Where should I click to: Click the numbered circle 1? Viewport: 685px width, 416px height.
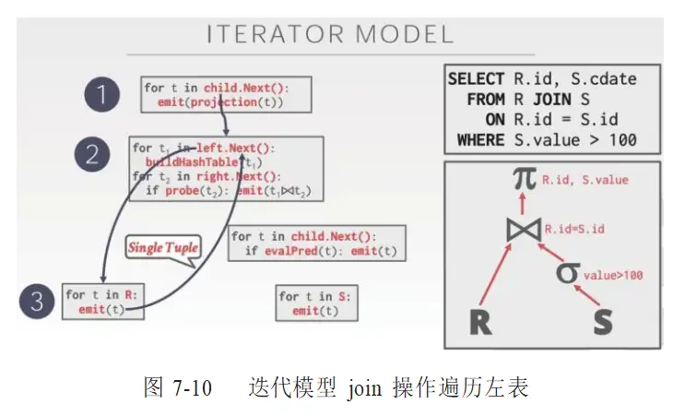[x=102, y=94]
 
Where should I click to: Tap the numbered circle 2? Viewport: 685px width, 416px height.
[x=91, y=154]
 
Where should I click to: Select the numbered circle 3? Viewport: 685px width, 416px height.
[x=37, y=302]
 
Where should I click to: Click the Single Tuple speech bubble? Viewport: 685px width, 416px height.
[x=161, y=248]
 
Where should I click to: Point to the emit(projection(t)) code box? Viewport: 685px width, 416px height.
[x=226, y=95]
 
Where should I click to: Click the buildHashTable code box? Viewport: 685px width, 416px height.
[x=227, y=169]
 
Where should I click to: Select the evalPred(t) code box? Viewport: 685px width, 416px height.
[x=316, y=244]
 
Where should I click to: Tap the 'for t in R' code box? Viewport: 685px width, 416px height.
[x=102, y=302]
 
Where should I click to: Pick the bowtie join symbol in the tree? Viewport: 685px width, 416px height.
[x=522, y=229]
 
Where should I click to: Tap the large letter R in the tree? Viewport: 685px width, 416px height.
[x=481, y=321]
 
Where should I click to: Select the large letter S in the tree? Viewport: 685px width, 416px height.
[x=602, y=321]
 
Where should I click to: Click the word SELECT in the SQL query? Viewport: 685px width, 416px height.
[x=476, y=80]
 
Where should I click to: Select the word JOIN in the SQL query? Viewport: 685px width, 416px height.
[x=552, y=100]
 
